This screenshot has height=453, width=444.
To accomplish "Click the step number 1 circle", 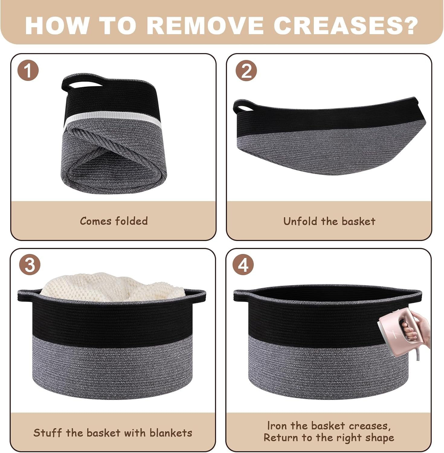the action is point(28,71).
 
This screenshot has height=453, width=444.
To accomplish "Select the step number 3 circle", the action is point(30,265).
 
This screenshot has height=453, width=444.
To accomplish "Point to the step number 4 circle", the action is point(243,265).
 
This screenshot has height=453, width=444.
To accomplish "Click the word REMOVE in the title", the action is point(205,25).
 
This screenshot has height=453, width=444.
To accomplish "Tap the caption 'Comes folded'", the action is point(114,221).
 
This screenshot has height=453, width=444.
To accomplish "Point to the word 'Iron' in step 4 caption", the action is point(277,426).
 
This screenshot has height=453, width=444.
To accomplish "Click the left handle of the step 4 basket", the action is point(242,297).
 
